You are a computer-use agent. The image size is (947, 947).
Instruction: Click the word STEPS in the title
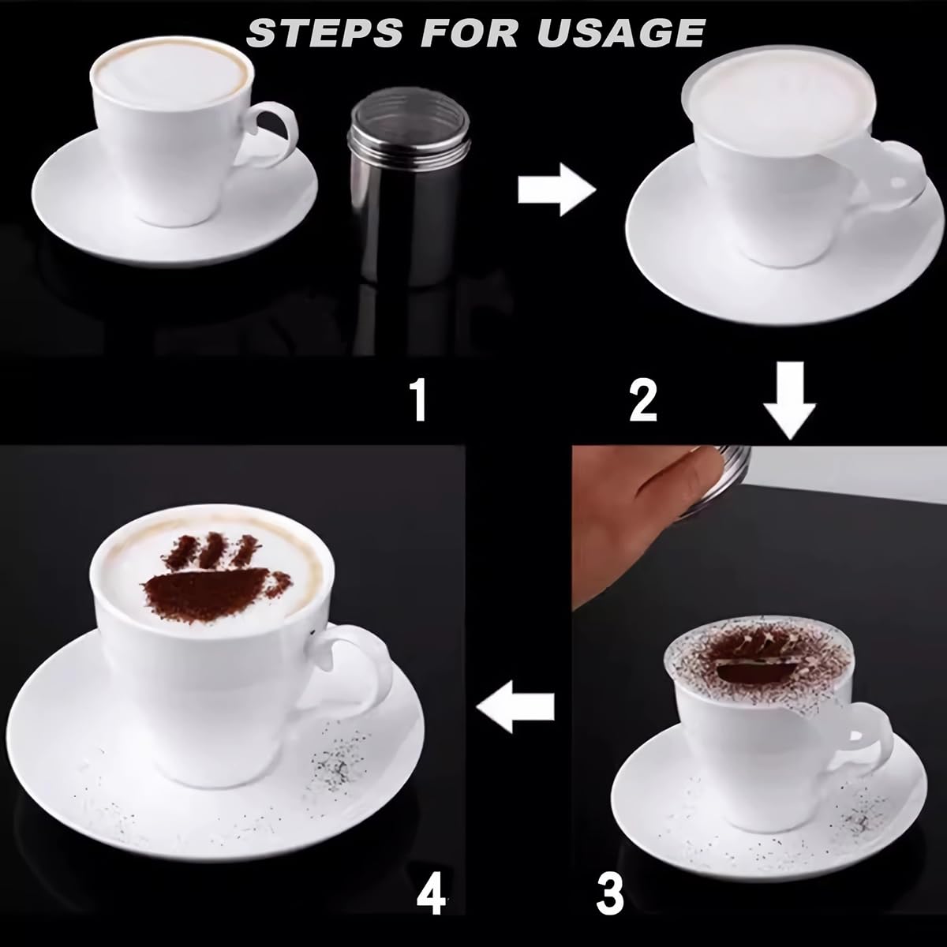pos(325,33)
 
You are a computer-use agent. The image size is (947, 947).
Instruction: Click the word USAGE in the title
pos(621,33)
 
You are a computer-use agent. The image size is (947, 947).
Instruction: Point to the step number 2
pos(643,402)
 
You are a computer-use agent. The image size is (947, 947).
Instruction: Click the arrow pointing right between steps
pos(557,189)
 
